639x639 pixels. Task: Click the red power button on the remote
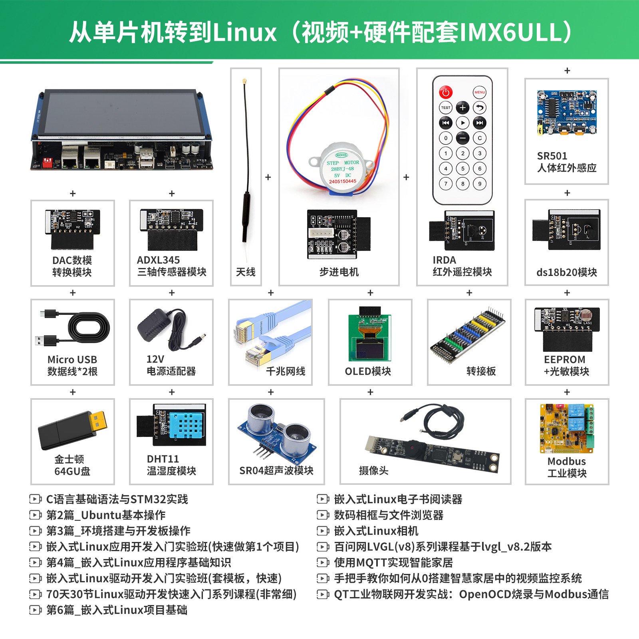click(x=446, y=92)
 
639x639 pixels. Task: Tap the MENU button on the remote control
click(x=480, y=92)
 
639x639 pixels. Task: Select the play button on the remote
click(x=462, y=123)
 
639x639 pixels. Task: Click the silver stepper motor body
click(x=343, y=168)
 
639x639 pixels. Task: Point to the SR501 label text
click(x=552, y=156)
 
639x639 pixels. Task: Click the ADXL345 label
click(x=158, y=260)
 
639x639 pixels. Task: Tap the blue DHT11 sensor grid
click(x=185, y=425)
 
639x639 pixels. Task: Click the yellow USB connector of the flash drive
click(x=98, y=421)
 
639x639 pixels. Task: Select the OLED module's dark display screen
click(x=369, y=349)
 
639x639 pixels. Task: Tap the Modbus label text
click(x=567, y=461)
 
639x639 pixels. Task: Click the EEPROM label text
click(x=565, y=359)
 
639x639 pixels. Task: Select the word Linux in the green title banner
click(x=245, y=32)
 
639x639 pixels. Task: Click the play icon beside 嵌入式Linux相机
click(x=323, y=531)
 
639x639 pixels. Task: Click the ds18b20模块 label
click(x=567, y=272)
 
